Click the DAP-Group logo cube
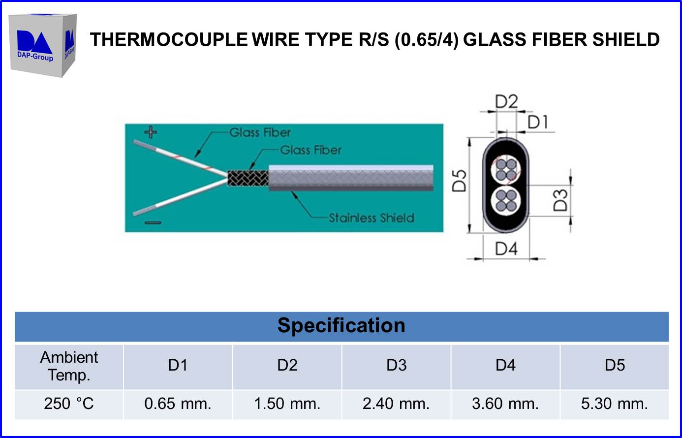[x=43, y=45]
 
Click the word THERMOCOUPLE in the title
[x=169, y=39]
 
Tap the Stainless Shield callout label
[x=371, y=218]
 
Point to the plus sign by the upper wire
[x=151, y=132]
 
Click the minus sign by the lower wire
[x=153, y=223]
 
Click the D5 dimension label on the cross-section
[x=459, y=181]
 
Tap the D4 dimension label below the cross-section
[x=506, y=249]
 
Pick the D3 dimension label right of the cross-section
[x=560, y=200]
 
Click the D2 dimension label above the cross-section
[x=506, y=102]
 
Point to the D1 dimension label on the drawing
[x=537, y=122]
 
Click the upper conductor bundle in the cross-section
[x=506, y=168]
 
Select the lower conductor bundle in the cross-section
[x=506, y=201]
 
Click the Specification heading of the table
[x=341, y=326]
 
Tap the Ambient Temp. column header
[x=69, y=366]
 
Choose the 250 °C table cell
[x=69, y=404]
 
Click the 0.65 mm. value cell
[x=178, y=404]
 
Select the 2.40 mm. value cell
[x=396, y=404]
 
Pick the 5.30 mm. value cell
[x=614, y=404]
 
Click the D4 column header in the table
[x=505, y=366]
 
